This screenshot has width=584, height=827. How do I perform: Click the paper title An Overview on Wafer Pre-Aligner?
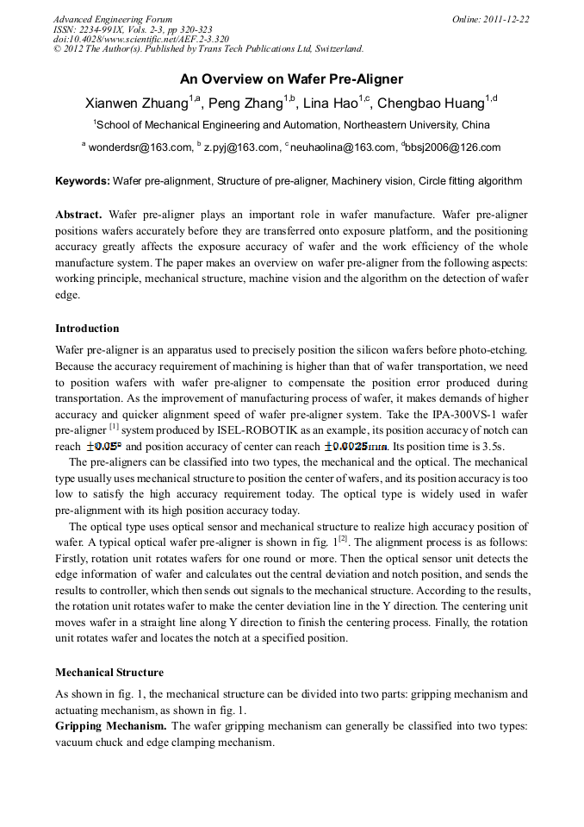pos(291,79)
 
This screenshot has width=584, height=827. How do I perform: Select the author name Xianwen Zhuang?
pos(136,103)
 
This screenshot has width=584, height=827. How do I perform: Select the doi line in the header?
pos(141,39)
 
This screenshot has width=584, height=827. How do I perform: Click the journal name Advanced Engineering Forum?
pos(113,19)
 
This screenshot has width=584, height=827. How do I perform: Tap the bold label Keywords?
pos(83,181)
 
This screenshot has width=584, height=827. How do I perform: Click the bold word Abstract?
pos(78,214)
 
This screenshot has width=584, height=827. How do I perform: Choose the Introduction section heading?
pos(87,329)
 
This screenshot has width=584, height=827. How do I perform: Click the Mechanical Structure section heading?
pos(109,673)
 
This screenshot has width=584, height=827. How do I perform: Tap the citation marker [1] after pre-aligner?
pos(114,427)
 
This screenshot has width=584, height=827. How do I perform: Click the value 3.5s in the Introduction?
pos(492,447)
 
